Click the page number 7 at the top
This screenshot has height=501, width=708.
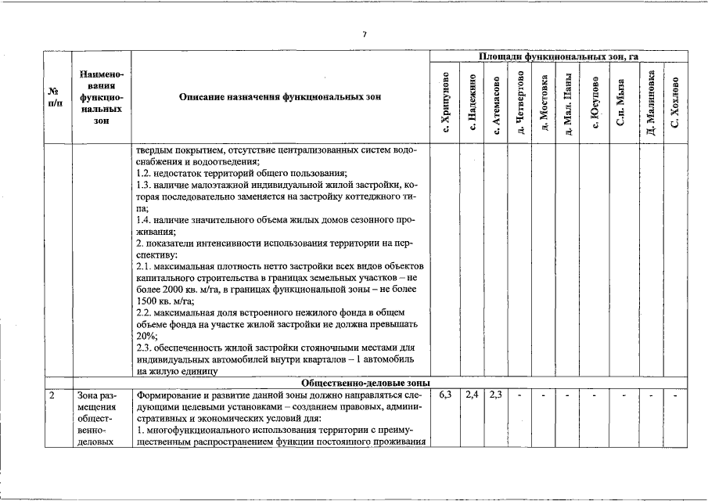[364, 34]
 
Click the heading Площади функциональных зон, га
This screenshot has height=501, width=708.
[559, 57]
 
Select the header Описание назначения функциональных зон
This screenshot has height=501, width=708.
[279, 97]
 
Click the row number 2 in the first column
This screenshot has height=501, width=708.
[52, 395]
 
